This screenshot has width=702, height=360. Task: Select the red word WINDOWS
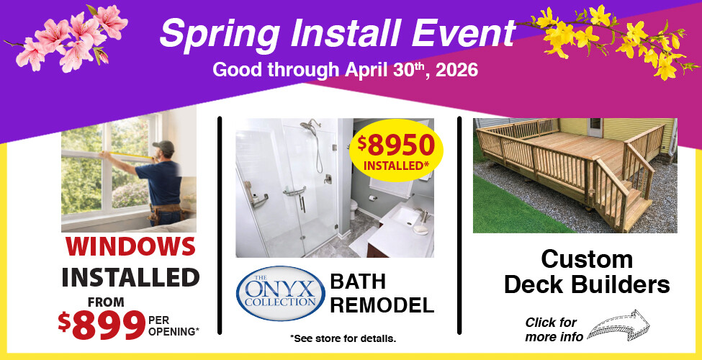point(130,247)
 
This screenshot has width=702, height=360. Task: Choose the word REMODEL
point(382,305)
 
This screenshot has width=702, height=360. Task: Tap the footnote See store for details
point(343,338)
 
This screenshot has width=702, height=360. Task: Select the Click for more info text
point(551,329)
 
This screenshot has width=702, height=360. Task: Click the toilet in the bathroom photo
point(354,210)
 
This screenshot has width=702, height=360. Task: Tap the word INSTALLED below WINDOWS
point(130,276)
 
